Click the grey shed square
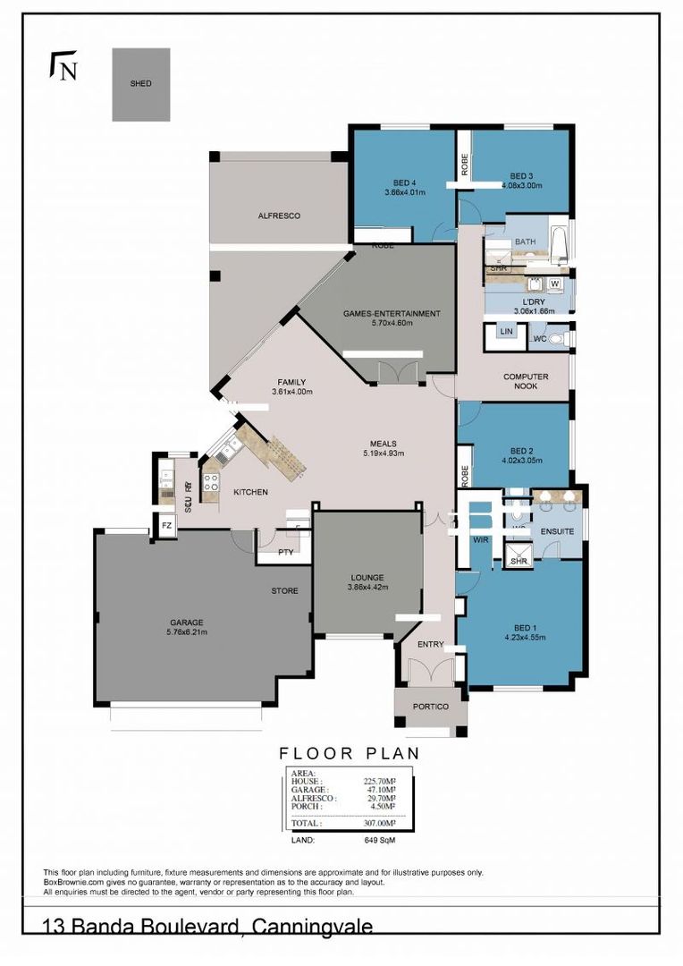[x=140, y=84]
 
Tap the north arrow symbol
[x=63, y=67]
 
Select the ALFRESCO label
[x=278, y=216]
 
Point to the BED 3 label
[x=521, y=175]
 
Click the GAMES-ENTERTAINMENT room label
[x=392, y=314]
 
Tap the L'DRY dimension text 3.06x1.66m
[x=535, y=311]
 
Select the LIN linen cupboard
[x=507, y=332]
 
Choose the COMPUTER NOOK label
[x=526, y=382]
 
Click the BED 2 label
[x=520, y=450]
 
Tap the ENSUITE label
[x=556, y=531]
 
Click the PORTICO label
[x=430, y=707]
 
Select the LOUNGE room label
[x=367, y=578]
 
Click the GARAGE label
[x=187, y=623]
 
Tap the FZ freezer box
[x=165, y=527]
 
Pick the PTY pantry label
[x=285, y=552]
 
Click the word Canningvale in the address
[x=311, y=928]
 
